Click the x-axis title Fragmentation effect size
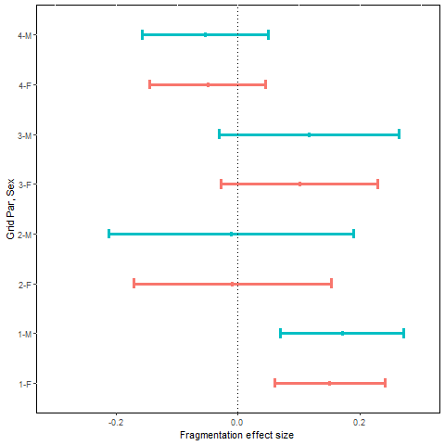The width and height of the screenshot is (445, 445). [237, 435]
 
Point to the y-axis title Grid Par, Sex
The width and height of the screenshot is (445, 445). [10, 209]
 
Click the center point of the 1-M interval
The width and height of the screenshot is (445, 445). [342, 333]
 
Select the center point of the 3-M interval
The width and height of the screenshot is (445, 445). [309, 134]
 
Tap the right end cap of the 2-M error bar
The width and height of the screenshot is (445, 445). [353, 234]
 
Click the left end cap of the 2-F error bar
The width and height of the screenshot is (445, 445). [134, 283]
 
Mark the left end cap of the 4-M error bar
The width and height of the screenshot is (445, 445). [142, 35]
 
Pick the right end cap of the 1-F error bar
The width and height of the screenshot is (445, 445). [385, 383]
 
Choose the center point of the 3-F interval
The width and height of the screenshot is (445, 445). [299, 184]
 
